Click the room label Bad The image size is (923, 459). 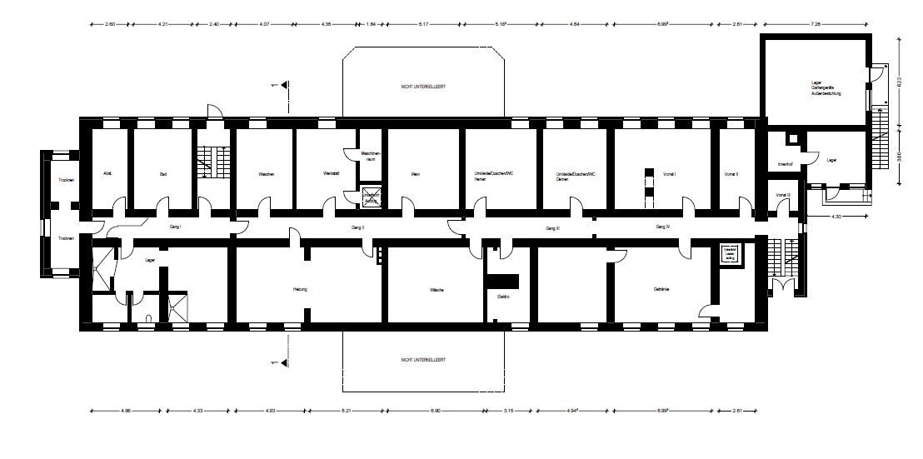(x=163, y=174)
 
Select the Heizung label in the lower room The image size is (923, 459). (x=300, y=289)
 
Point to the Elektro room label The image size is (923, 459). (x=503, y=296)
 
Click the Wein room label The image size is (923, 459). (x=415, y=174)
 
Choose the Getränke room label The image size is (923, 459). (x=662, y=289)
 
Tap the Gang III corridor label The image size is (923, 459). (x=552, y=227)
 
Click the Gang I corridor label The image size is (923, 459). (x=175, y=227)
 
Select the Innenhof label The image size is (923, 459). (x=784, y=163)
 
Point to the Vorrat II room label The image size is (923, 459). (x=731, y=174)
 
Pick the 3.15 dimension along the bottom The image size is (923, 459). (x=510, y=412)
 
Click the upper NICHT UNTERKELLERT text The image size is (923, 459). (x=423, y=86)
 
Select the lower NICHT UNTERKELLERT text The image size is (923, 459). (x=423, y=360)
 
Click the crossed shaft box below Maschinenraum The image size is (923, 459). (x=371, y=197)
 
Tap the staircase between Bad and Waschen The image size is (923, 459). (x=207, y=160)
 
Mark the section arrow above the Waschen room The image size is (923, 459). (x=284, y=85)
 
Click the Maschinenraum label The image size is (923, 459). (x=371, y=156)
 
